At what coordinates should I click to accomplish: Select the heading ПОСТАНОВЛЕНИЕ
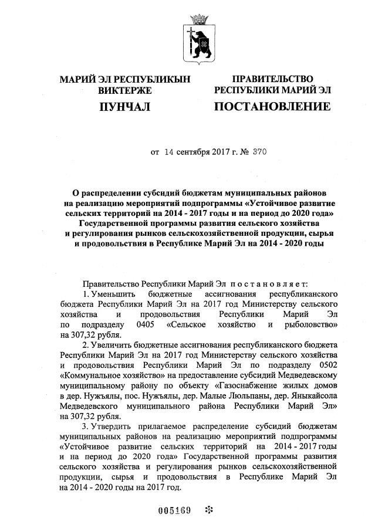point(272,107)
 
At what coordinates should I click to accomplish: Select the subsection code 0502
point(325,364)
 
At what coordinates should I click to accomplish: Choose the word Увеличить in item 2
point(113,344)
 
